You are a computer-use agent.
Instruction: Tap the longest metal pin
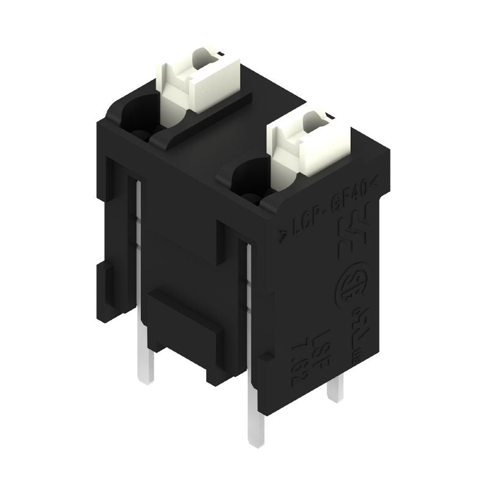[255, 421]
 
